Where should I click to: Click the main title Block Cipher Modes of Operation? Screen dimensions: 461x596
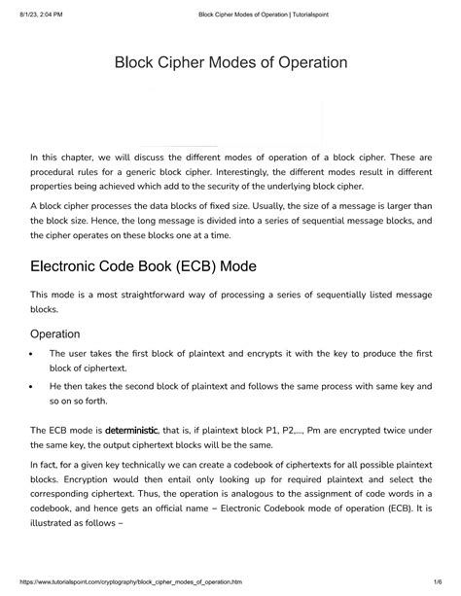[x=230, y=63]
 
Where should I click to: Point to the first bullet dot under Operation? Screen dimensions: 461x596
[x=33, y=355]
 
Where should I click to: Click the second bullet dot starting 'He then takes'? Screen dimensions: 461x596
[x=33, y=386]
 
